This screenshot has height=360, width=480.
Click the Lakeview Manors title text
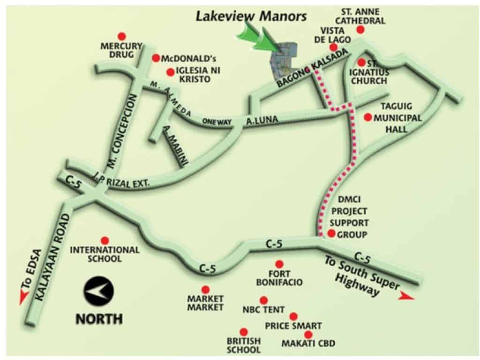251,17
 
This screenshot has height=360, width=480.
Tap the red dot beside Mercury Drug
122,36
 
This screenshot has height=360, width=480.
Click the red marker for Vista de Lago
333,47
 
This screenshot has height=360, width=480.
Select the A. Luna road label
262,121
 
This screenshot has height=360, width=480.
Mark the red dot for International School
105,240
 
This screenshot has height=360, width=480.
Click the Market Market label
205,303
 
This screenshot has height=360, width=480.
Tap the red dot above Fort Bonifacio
279,264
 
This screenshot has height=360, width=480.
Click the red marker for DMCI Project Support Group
331,233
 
